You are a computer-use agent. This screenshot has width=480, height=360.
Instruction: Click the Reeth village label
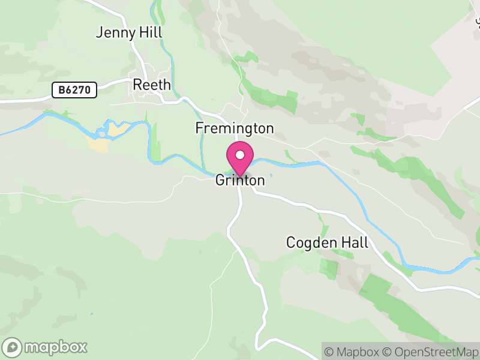[x=152, y=85]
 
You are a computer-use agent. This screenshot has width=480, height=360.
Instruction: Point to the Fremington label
[x=234, y=128]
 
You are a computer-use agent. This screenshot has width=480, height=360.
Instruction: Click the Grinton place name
[x=240, y=181]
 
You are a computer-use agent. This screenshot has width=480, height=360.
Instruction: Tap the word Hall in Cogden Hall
[x=353, y=242]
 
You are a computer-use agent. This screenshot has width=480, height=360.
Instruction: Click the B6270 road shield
[x=74, y=90]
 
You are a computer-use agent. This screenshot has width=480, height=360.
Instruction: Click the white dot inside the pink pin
[x=240, y=155]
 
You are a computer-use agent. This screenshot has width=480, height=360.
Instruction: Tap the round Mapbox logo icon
[x=12, y=347]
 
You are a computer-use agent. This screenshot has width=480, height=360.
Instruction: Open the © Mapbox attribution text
[x=355, y=352]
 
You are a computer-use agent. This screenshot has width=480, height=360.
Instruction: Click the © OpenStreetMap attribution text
[x=431, y=352]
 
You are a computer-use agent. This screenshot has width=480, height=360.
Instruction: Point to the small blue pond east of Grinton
[x=271, y=175]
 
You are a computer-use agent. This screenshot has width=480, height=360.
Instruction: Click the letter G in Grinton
[x=220, y=181]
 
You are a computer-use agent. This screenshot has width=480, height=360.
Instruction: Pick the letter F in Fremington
[x=199, y=128]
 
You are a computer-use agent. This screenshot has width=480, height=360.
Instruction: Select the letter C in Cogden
[x=291, y=243]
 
